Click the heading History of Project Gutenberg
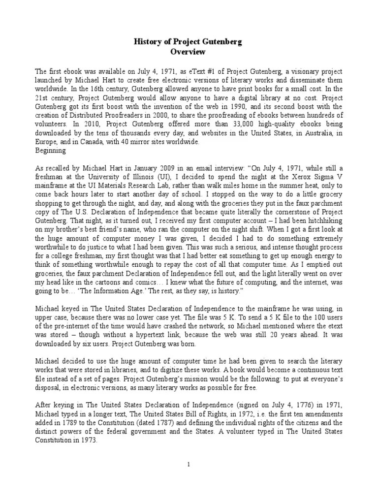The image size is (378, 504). [x=189, y=42]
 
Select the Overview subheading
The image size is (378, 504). [x=189, y=52]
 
